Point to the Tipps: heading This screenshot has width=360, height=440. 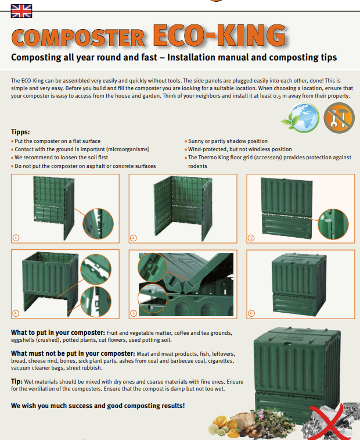tap(20, 132)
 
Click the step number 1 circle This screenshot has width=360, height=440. tap(16, 238)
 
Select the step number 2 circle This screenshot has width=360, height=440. tap(134, 238)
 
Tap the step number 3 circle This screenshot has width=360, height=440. tap(251, 238)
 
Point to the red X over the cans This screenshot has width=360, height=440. tap(332, 420)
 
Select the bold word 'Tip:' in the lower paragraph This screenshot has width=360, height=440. tap(17, 381)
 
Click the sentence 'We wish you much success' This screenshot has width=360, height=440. tap(98, 405)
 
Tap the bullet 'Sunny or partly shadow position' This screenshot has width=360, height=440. tap(228, 141)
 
